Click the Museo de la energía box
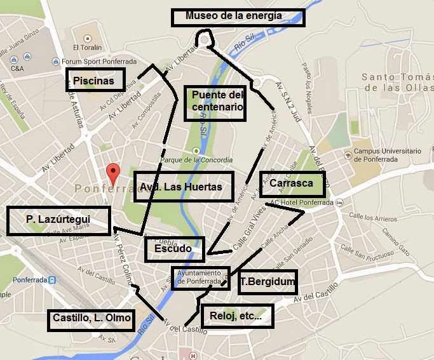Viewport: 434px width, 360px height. pyautogui.click(x=238, y=17)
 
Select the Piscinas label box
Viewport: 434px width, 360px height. pyautogui.click(x=93, y=81)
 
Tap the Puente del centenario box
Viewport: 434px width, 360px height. pyautogui.click(x=217, y=102)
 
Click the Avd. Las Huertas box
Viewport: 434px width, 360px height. pyautogui.click(x=183, y=187)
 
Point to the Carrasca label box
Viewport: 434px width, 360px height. pyautogui.click(x=292, y=183)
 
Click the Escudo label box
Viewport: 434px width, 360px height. pyautogui.click(x=174, y=249)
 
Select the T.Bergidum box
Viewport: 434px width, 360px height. pyautogui.click(x=268, y=281)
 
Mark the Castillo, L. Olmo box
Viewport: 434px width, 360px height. pyautogui.click(x=92, y=319)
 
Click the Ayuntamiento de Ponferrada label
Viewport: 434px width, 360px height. pyautogui.click(x=198, y=277)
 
